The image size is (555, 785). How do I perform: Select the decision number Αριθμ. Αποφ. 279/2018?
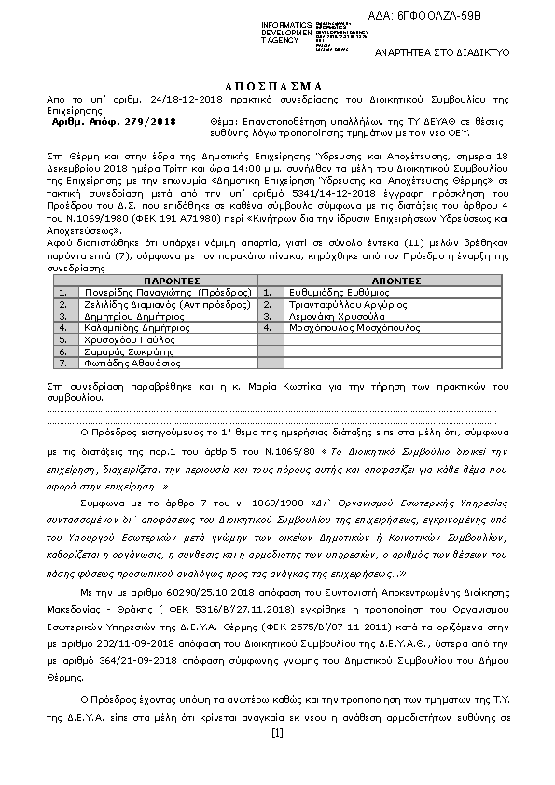click(114, 122)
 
